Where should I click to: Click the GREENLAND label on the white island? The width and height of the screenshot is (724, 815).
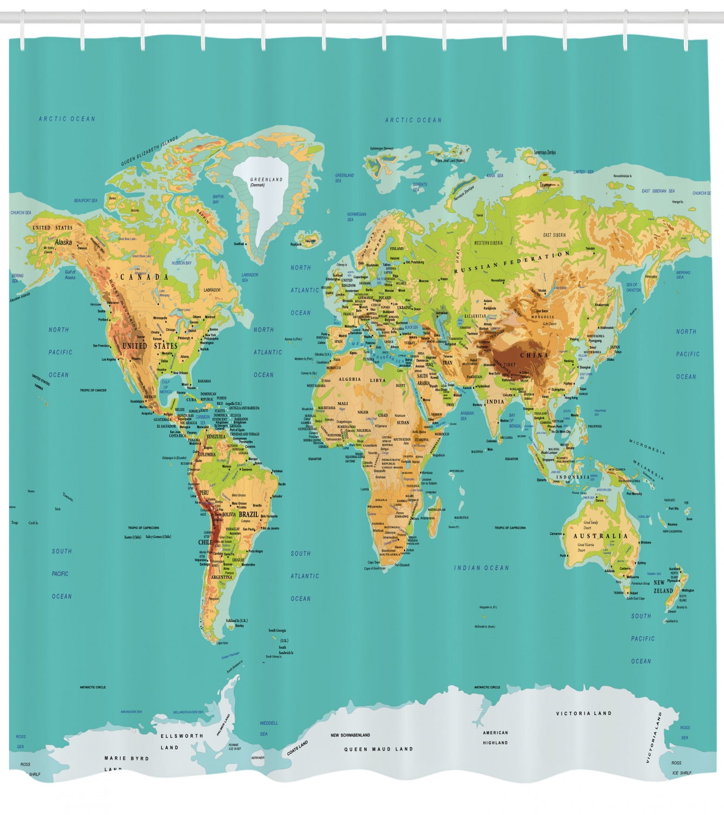coord(266,179)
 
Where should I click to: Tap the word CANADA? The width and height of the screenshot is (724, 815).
coord(144,277)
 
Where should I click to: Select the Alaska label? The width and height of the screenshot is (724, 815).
coord(63,242)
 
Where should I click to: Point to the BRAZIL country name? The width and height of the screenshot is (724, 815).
coord(249,514)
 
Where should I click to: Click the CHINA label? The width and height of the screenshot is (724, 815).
coord(534,355)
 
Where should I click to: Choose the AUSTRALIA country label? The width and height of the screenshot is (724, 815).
coord(601,536)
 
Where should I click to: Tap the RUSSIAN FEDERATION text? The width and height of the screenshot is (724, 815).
coord(512,262)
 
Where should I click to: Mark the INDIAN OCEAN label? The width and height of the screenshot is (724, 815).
coord(481,568)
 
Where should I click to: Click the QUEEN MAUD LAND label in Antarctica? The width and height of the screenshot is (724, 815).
coord(379,749)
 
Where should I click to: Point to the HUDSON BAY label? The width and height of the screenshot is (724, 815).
coord(181,263)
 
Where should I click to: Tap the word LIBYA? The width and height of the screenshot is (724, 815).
coord(378,380)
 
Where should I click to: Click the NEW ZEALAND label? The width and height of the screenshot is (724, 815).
coord(663,586)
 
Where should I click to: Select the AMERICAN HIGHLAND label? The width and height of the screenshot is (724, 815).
coord(495,737)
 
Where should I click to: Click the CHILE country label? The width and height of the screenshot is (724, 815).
coord(205,542)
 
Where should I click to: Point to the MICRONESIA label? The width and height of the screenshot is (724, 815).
coord(647,447)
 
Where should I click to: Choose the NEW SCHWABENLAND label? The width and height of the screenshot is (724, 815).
coord(350,735)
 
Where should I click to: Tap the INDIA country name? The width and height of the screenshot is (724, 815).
coord(495,402)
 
